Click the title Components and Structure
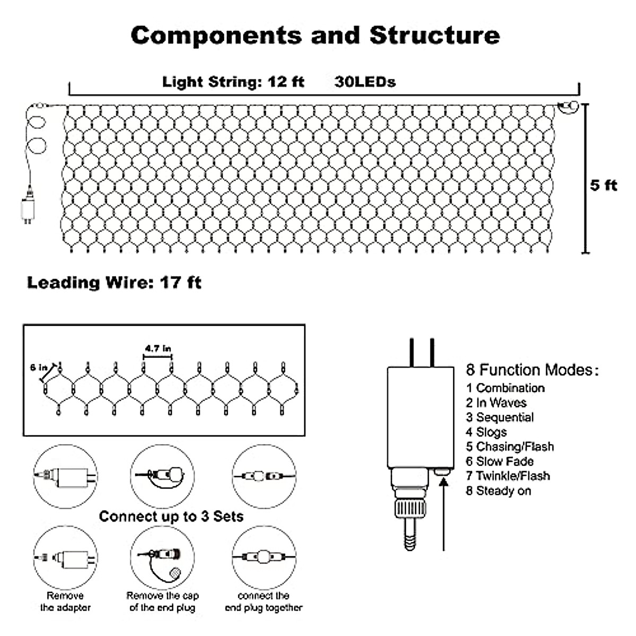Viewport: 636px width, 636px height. coord(315,36)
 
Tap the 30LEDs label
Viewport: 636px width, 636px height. coord(365,82)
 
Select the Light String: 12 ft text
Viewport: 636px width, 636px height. coord(233,82)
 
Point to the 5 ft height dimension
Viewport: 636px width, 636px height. coord(604,185)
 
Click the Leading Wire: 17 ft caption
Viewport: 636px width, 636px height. coord(114,282)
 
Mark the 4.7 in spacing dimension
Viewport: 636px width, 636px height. coord(158,349)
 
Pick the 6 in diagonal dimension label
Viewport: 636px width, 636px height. coord(39,368)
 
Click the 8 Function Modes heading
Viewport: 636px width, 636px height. coord(532,370)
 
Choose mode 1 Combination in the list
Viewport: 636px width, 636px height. coord(505,388)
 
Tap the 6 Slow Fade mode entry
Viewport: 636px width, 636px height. coord(499,461)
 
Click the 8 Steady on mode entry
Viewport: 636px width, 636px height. coord(498,491)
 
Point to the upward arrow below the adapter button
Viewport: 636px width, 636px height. coord(444,514)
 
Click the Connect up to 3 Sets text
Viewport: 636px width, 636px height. coord(171,517)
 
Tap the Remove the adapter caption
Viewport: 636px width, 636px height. coord(65,602)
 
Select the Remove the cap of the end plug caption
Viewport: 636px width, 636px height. coord(162,602)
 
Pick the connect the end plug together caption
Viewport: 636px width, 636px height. coord(263,602)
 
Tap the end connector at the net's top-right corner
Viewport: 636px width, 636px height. coord(568,107)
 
